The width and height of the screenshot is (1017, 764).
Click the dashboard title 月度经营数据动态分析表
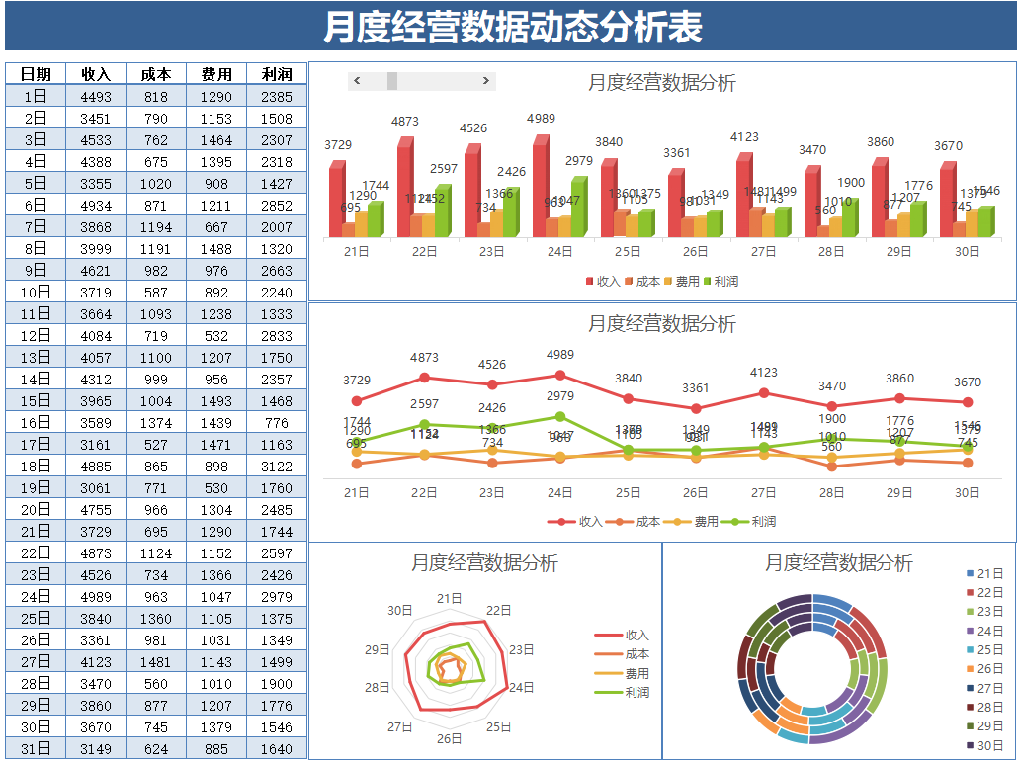click(x=512, y=27)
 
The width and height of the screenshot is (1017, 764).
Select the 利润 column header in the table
click(x=277, y=74)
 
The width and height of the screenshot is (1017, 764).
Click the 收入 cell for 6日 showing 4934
click(x=96, y=205)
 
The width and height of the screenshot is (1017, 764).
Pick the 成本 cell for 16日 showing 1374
click(x=155, y=422)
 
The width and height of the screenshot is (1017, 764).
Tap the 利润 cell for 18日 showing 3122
click(x=277, y=466)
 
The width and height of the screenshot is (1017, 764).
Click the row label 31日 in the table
click(x=36, y=748)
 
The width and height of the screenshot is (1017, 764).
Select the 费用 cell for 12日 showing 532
click(x=215, y=335)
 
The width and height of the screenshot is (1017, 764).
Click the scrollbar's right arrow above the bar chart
click(x=485, y=81)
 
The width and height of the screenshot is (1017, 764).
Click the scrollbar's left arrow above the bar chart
click(x=358, y=81)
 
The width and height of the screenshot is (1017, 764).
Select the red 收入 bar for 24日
click(x=540, y=188)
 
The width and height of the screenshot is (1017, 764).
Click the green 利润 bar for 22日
click(x=441, y=212)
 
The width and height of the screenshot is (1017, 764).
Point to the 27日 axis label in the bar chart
click(x=763, y=252)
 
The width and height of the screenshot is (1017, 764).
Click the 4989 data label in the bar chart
click(x=541, y=119)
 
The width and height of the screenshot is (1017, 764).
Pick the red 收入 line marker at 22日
click(x=425, y=377)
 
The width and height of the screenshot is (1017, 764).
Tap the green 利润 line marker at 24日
click(x=560, y=417)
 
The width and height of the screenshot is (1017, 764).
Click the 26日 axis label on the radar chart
click(x=450, y=738)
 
